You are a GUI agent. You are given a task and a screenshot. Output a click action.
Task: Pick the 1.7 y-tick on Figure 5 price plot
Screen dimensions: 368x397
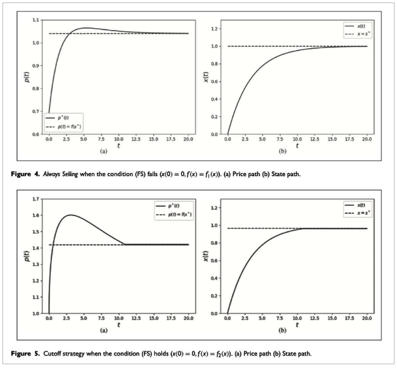(x=36, y=199)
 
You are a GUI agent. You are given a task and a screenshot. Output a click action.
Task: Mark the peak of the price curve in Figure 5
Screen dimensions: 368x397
(x=70, y=216)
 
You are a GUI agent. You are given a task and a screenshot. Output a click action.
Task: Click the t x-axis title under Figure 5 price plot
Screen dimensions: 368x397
(x=119, y=325)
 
